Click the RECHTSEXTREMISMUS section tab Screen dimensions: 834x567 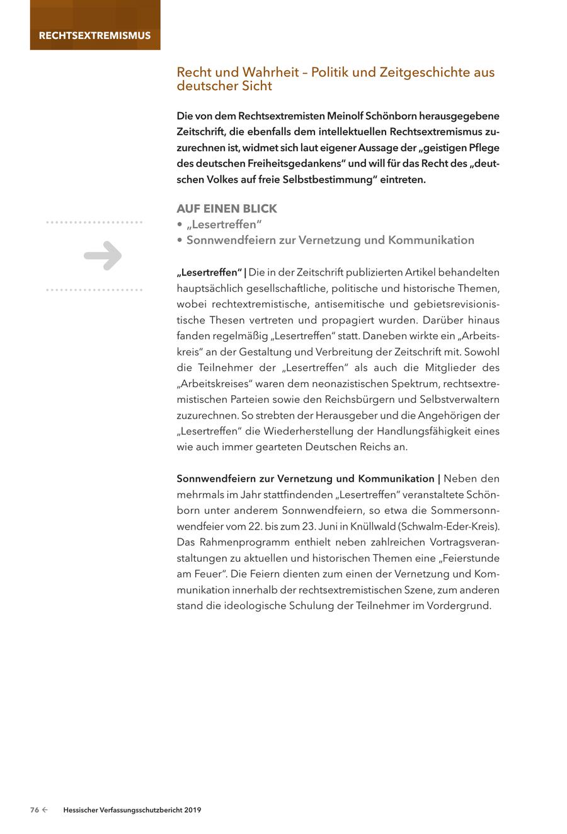(x=94, y=35)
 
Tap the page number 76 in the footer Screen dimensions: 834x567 (x=35, y=810)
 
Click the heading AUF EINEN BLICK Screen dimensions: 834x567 (x=227, y=209)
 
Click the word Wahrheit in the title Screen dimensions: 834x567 (x=269, y=72)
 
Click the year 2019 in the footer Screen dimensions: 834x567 (x=193, y=810)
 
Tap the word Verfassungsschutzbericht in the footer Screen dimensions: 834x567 (x=140, y=810)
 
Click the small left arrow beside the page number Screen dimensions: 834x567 (x=45, y=810)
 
